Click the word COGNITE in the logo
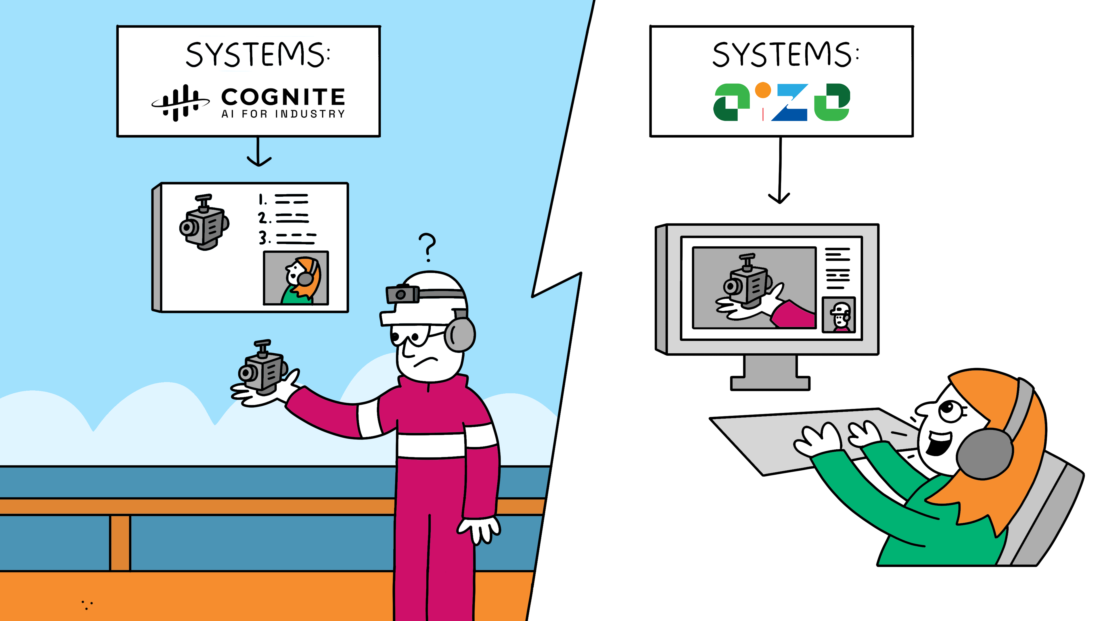(x=283, y=97)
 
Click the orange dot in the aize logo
(x=762, y=91)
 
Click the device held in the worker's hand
(x=262, y=369)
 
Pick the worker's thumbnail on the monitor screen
(x=839, y=315)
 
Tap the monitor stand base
(x=770, y=382)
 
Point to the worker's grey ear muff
(x=460, y=334)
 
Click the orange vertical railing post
(x=120, y=542)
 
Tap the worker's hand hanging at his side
(x=480, y=530)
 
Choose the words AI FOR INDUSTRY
(x=283, y=114)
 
